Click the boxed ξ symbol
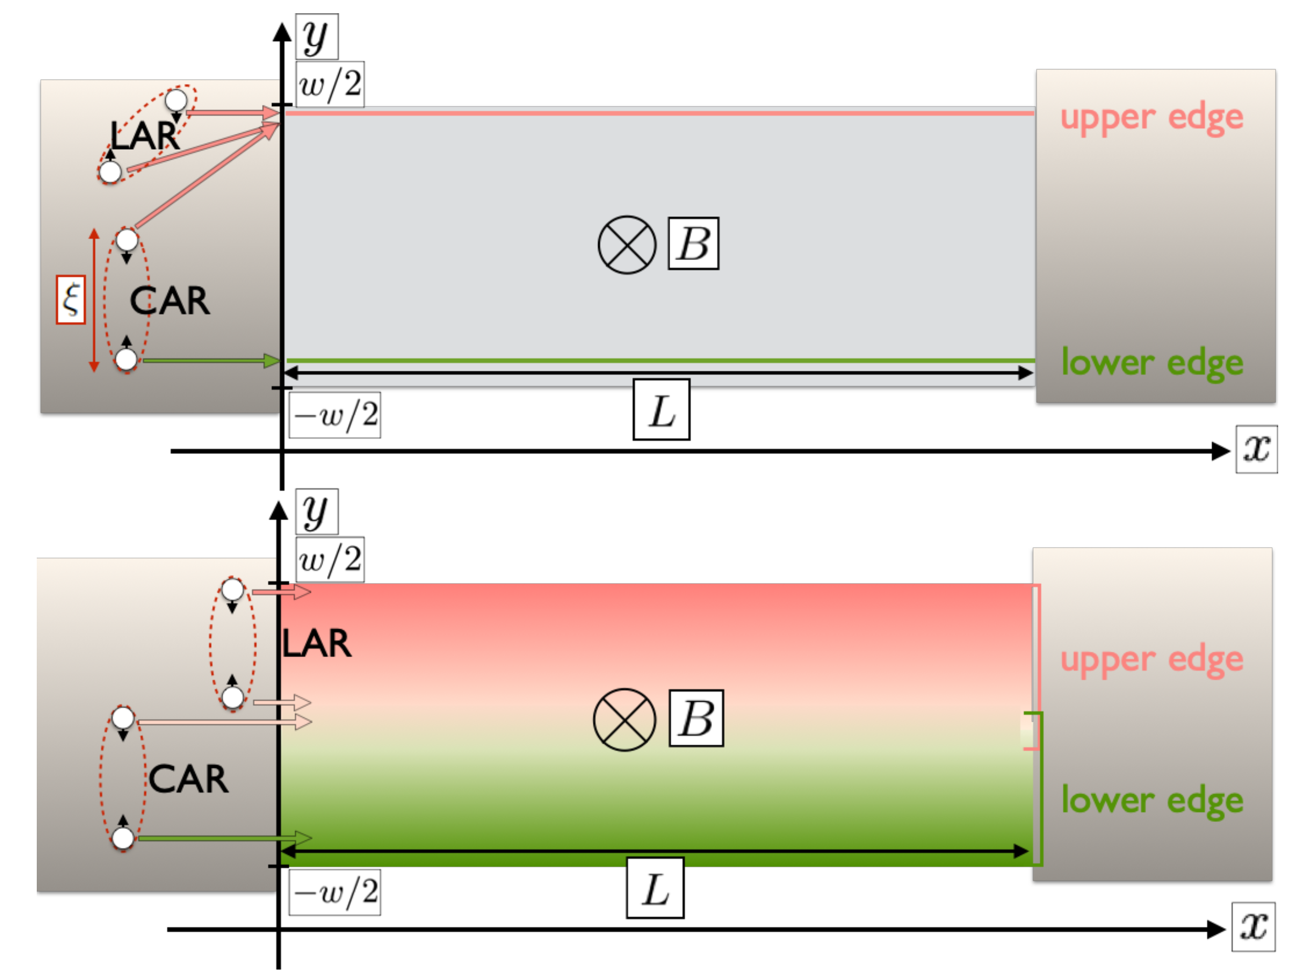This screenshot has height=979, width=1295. click(x=71, y=299)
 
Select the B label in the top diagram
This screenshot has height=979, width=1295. click(x=694, y=244)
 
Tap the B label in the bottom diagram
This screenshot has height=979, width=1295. click(x=696, y=718)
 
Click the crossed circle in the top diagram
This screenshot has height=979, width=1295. click(x=626, y=245)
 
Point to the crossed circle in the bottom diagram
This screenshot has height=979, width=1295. click(x=624, y=720)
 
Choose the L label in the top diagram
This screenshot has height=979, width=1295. click(x=662, y=410)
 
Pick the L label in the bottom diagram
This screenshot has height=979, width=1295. click(x=655, y=888)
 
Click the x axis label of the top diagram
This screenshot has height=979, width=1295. click(x=1256, y=450)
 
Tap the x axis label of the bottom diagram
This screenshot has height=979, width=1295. click(x=1254, y=927)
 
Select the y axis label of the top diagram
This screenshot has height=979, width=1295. click(x=316, y=37)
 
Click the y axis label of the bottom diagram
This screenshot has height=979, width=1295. click(x=316, y=512)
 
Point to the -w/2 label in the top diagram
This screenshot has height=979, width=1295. click(x=335, y=415)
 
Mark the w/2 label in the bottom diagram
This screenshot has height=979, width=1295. click(x=330, y=559)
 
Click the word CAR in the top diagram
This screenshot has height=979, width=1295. click(x=169, y=301)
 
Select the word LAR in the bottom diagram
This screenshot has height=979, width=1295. click(x=317, y=643)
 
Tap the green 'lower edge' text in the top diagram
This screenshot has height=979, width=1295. click(x=1152, y=362)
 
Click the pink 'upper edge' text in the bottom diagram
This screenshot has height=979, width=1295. click(x=1152, y=660)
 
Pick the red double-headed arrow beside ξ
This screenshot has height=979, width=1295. click(x=93, y=300)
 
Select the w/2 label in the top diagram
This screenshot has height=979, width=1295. click(x=330, y=85)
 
